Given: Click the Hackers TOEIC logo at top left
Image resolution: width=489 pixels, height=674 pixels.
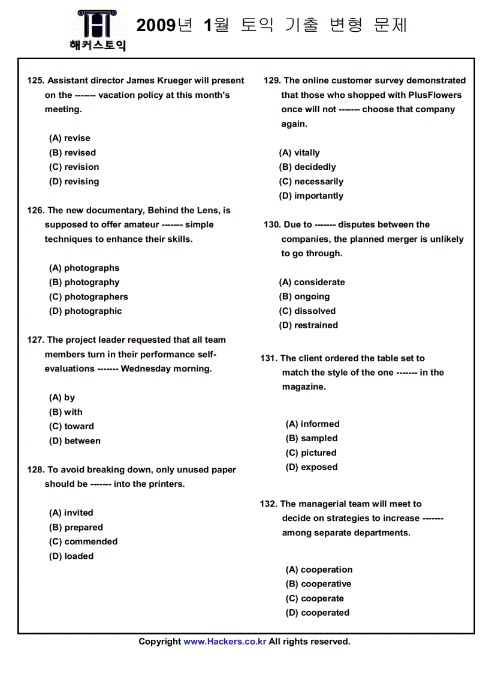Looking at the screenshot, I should (x=97, y=30).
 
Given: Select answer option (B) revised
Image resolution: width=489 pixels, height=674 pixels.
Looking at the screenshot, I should (x=72, y=152).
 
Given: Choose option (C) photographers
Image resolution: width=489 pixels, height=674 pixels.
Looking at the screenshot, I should (x=88, y=296).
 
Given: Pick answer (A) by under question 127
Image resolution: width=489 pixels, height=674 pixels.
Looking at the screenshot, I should (x=62, y=397).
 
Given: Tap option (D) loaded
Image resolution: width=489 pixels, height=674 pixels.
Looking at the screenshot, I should (x=71, y=556).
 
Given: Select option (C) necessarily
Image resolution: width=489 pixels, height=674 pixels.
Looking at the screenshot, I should (x=311, y=181).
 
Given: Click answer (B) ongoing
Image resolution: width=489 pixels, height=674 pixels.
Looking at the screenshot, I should (x=304, y=296).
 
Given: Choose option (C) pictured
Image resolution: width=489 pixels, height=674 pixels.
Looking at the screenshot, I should (x=310, y=453).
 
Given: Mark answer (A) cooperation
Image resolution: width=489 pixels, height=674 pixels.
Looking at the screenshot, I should (x=319, y=570).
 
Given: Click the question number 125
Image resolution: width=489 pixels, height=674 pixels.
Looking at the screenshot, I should (x=35, y=80).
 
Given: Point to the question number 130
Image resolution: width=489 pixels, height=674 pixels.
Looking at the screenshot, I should (x=272, y=224).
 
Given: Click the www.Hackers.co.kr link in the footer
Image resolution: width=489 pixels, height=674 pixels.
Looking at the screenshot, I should (x=225, y=642).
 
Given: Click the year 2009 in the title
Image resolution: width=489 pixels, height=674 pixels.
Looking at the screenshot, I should (x=156, y=25).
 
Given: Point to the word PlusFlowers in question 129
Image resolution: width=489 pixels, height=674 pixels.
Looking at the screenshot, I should (x=435, y=95).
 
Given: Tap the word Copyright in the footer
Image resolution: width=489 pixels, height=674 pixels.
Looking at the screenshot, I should (x=159, y=642).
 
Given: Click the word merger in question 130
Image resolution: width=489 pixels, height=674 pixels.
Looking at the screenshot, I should (x=405, y=239).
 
